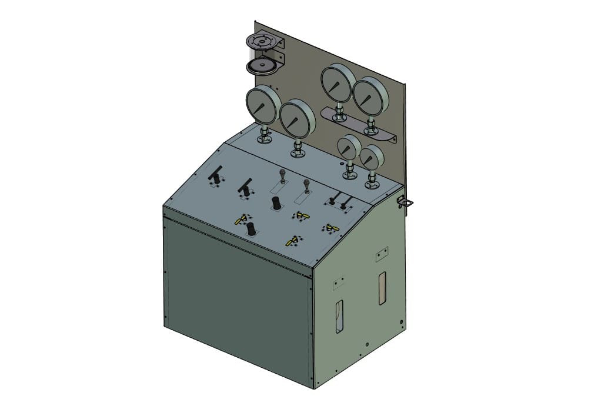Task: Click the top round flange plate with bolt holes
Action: [x=260, y=41]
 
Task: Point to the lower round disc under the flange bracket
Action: [x=261, y=65]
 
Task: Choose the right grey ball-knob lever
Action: [x=306, y=185]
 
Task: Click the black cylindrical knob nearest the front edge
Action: [x=251, y=229]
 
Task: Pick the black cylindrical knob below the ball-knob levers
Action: [x=275, y=203]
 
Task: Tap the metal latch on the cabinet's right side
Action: [x=405, y=202]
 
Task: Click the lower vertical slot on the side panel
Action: [x=339, y=317]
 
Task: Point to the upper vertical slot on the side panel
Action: [x=382, y=288]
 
